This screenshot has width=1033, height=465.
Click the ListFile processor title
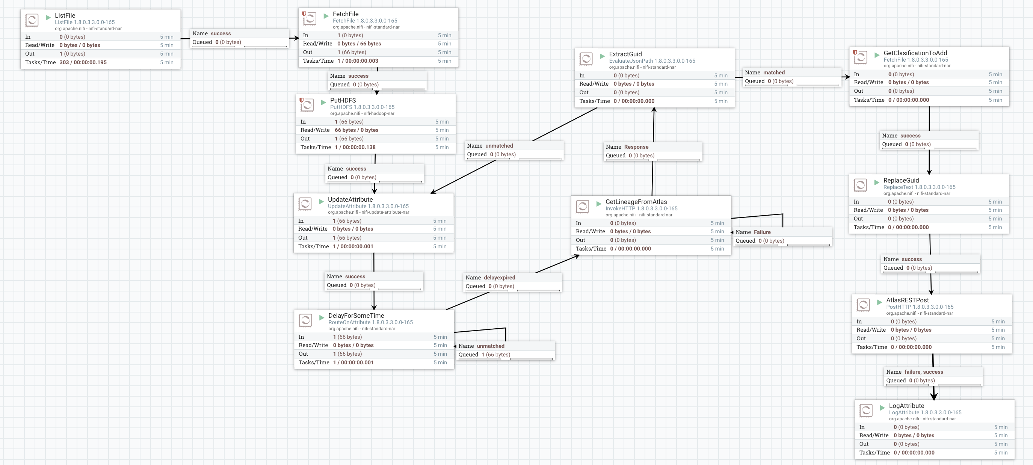click(x=65, y=15)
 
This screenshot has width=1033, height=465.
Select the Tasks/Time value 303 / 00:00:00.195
click(x=83, y=62)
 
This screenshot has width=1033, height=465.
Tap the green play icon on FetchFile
click(x=326, y=16)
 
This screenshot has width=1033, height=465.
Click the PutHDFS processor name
click(x=343, y=100)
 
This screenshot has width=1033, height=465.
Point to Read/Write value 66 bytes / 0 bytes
click(x=356, y=130)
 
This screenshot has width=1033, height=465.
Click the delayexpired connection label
click(x=499, y=278)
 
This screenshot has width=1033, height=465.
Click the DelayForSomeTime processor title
click(x=356, y=316)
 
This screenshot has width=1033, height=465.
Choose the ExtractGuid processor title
click(x=625, y=54)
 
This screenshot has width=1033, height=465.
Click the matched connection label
click(x=773, y=72)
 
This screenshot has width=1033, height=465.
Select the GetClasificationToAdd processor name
click(x=915, y=53)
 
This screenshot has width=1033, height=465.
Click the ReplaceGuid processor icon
click(x=860, y=185)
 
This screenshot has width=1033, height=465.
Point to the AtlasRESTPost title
click(x=907, y=300)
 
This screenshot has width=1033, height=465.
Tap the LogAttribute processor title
click(x=906, y=406)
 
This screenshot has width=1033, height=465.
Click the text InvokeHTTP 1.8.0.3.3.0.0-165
click(x=641, y=208)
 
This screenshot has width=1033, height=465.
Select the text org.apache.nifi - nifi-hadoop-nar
click(x=362, y=113)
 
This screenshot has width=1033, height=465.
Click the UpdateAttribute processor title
click(x=350, y=199)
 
